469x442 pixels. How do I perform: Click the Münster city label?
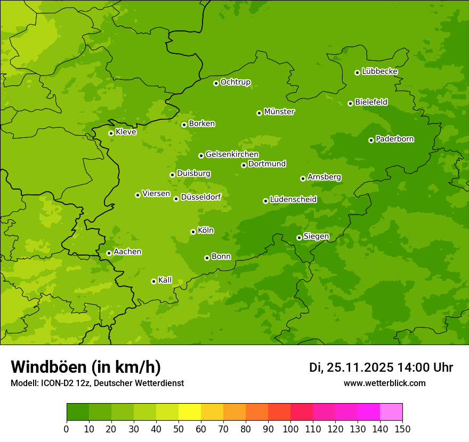click(x=279, y=112)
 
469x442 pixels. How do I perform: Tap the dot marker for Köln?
click(x=193, y=232)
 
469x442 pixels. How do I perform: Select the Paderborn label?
click(x=395, y=139)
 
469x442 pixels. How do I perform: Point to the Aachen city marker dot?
click(x=109, y=253)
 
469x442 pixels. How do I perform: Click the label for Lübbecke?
click(x=379, y=71)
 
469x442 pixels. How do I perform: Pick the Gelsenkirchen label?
click(x=232, y=154)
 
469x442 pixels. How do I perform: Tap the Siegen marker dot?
click(x=299, y=238)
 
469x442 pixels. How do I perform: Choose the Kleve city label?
click(x=126, y=132)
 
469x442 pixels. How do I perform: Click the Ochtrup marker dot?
click(x=216, y=83)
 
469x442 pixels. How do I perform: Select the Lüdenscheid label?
click(x=293, y=200)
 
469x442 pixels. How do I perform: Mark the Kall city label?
click(x=165, y=280)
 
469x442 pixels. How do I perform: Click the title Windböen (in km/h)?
click(x=85, y=367)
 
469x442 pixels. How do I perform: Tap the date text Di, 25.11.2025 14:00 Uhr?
click(x=381, y=367)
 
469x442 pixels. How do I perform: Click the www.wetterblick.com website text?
click(x=385, y=383)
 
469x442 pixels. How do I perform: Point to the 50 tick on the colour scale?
click(x=179, y=429)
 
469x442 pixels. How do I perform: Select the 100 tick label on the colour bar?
click(x=290, y=429)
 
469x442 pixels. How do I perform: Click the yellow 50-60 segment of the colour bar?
click(x=190, y=412)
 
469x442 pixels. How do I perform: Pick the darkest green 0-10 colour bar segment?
click(x=78, y=412)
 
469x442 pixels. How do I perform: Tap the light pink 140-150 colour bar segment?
click(x=391, y=412)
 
